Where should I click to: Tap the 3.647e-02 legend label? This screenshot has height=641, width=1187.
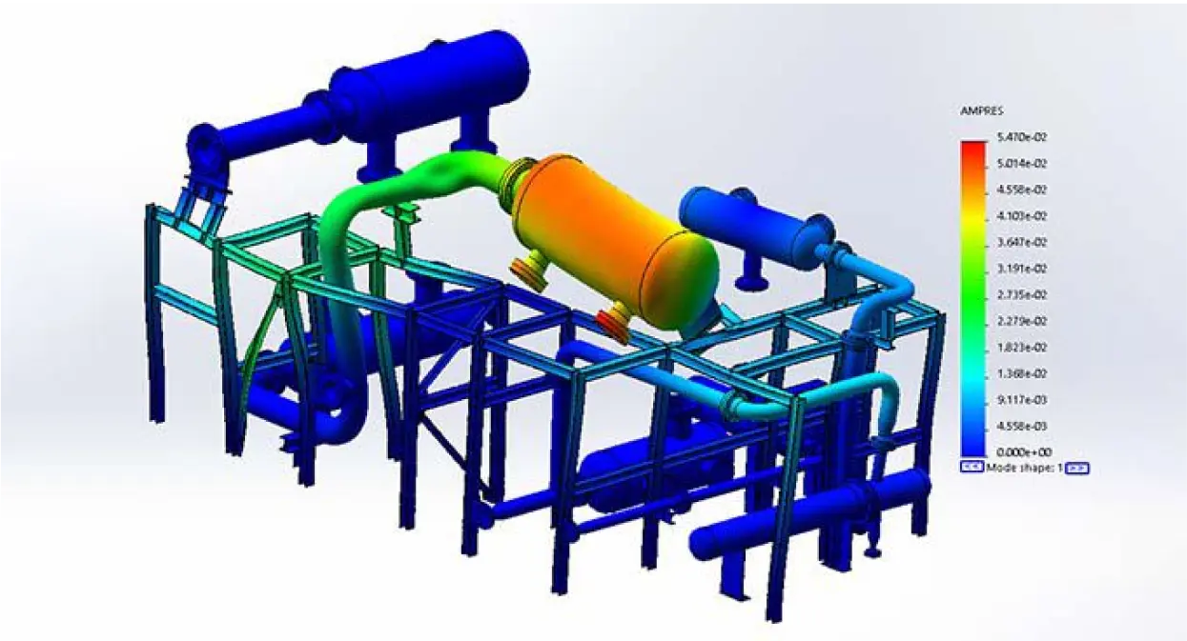pos(1017,242)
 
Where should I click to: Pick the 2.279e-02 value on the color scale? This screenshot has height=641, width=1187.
pos(1017,321)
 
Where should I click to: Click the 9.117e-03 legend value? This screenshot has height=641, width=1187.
pos(1017,400)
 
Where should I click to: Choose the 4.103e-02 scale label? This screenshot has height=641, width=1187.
pos(1017,216)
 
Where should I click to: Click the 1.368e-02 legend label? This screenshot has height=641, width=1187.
pos(1017,373)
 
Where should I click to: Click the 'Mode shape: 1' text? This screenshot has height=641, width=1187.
pos(1025,468)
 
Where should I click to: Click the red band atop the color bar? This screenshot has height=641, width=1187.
pos(972,149)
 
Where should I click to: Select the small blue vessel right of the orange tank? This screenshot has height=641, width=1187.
pos(758,224)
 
